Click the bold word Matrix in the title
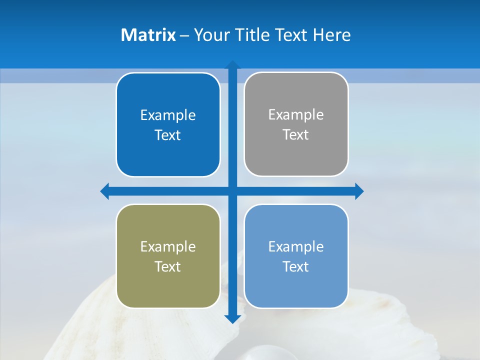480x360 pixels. click(x=148, y=35)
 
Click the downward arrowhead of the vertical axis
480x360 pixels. click(x=232, y=318)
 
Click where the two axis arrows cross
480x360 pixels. click(x=232, y=191)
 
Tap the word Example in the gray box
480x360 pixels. click(x=296, y=115)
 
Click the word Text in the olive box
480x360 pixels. click(x=168, y=266)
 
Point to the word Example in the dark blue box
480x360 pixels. click(x=168, y=115)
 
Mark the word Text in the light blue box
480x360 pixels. click(x=296, y=266)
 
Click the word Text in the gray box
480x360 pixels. click(x=296, y=135)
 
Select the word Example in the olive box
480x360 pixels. click(x=168, y=247)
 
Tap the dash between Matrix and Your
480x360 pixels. click(x=184, y=35)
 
